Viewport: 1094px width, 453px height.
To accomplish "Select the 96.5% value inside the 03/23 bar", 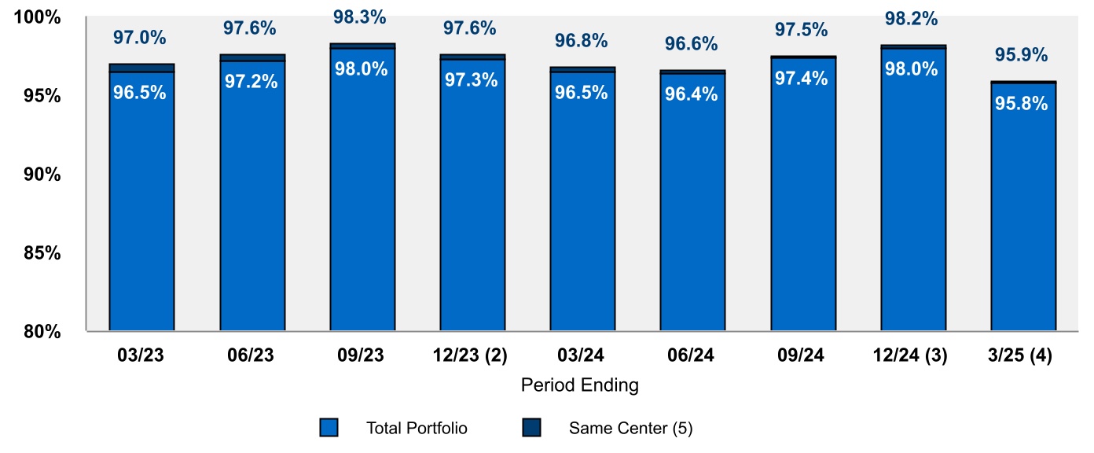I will [140, 92].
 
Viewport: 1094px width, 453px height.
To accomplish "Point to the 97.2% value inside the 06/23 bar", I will [251, 81].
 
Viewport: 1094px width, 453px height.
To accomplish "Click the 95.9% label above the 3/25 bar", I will [1022, 55].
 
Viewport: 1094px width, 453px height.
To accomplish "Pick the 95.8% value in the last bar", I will [1021, 103].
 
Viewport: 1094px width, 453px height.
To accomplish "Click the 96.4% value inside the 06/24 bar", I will [691, 94].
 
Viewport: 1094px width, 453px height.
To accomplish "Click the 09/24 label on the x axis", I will [802, 355].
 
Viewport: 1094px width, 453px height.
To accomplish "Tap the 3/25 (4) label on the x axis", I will [1022, 355].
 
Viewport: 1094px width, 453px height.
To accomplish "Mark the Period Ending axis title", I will [580, 385].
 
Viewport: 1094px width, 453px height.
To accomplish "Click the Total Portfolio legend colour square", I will [329, 428].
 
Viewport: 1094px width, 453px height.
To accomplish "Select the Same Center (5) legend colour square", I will [531, 428].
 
